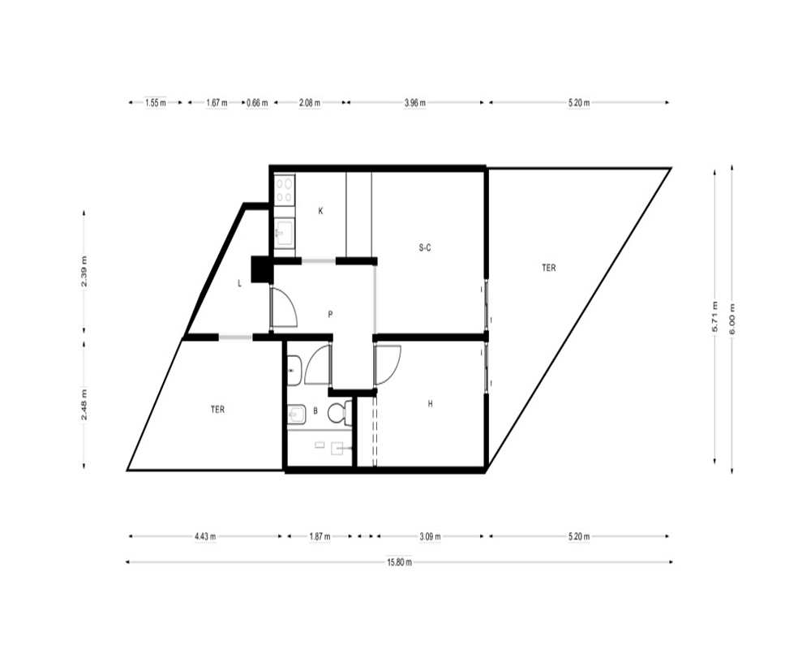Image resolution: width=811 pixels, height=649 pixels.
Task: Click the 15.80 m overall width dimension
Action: tap(399, 562)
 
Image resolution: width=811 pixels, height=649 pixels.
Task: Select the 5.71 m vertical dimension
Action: tap(714, 316)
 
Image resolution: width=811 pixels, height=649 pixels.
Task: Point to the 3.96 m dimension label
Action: tap(414, 102)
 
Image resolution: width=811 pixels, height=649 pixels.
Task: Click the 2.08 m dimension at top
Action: tap(309, 102)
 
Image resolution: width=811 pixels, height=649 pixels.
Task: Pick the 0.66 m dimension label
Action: tap(257, 102)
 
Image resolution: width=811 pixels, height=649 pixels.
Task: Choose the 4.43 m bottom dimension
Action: tap(205, 537)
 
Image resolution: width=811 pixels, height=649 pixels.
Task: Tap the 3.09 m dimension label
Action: tap(430, 537)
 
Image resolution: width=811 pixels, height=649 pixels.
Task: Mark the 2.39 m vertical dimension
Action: tap(84, 271)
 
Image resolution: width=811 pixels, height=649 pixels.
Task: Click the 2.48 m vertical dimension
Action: tap(84, 406)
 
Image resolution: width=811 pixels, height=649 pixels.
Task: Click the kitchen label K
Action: tap(320, 211)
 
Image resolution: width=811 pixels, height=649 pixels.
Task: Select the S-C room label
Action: tap(425, 248)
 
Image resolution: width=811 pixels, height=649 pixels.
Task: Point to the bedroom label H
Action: tap(430, 404)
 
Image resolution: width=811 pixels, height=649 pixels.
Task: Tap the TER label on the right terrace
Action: tap(549, 268)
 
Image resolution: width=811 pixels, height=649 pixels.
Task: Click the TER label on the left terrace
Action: tap(217, 410)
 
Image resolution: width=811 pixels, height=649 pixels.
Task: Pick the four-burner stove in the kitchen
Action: tap(285, 190)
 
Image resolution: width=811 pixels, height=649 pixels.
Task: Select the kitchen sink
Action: tap(284, 234)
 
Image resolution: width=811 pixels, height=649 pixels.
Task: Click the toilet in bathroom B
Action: tap(339, 413)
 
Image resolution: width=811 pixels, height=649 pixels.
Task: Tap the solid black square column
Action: tap(262, 269)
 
